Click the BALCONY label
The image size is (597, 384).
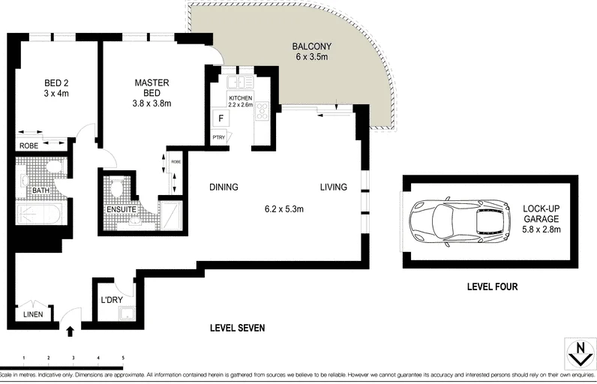[x=311, y=46]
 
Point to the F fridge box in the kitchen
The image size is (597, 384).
[x=221, y=118]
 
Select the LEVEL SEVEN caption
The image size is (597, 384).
[x=236, y=328]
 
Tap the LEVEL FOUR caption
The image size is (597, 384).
[x=492, y=286]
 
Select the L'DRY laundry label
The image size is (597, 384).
[x=112, y=301]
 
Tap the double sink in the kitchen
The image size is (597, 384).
[x=239, y=82]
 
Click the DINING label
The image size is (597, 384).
[x=224, y=187]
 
